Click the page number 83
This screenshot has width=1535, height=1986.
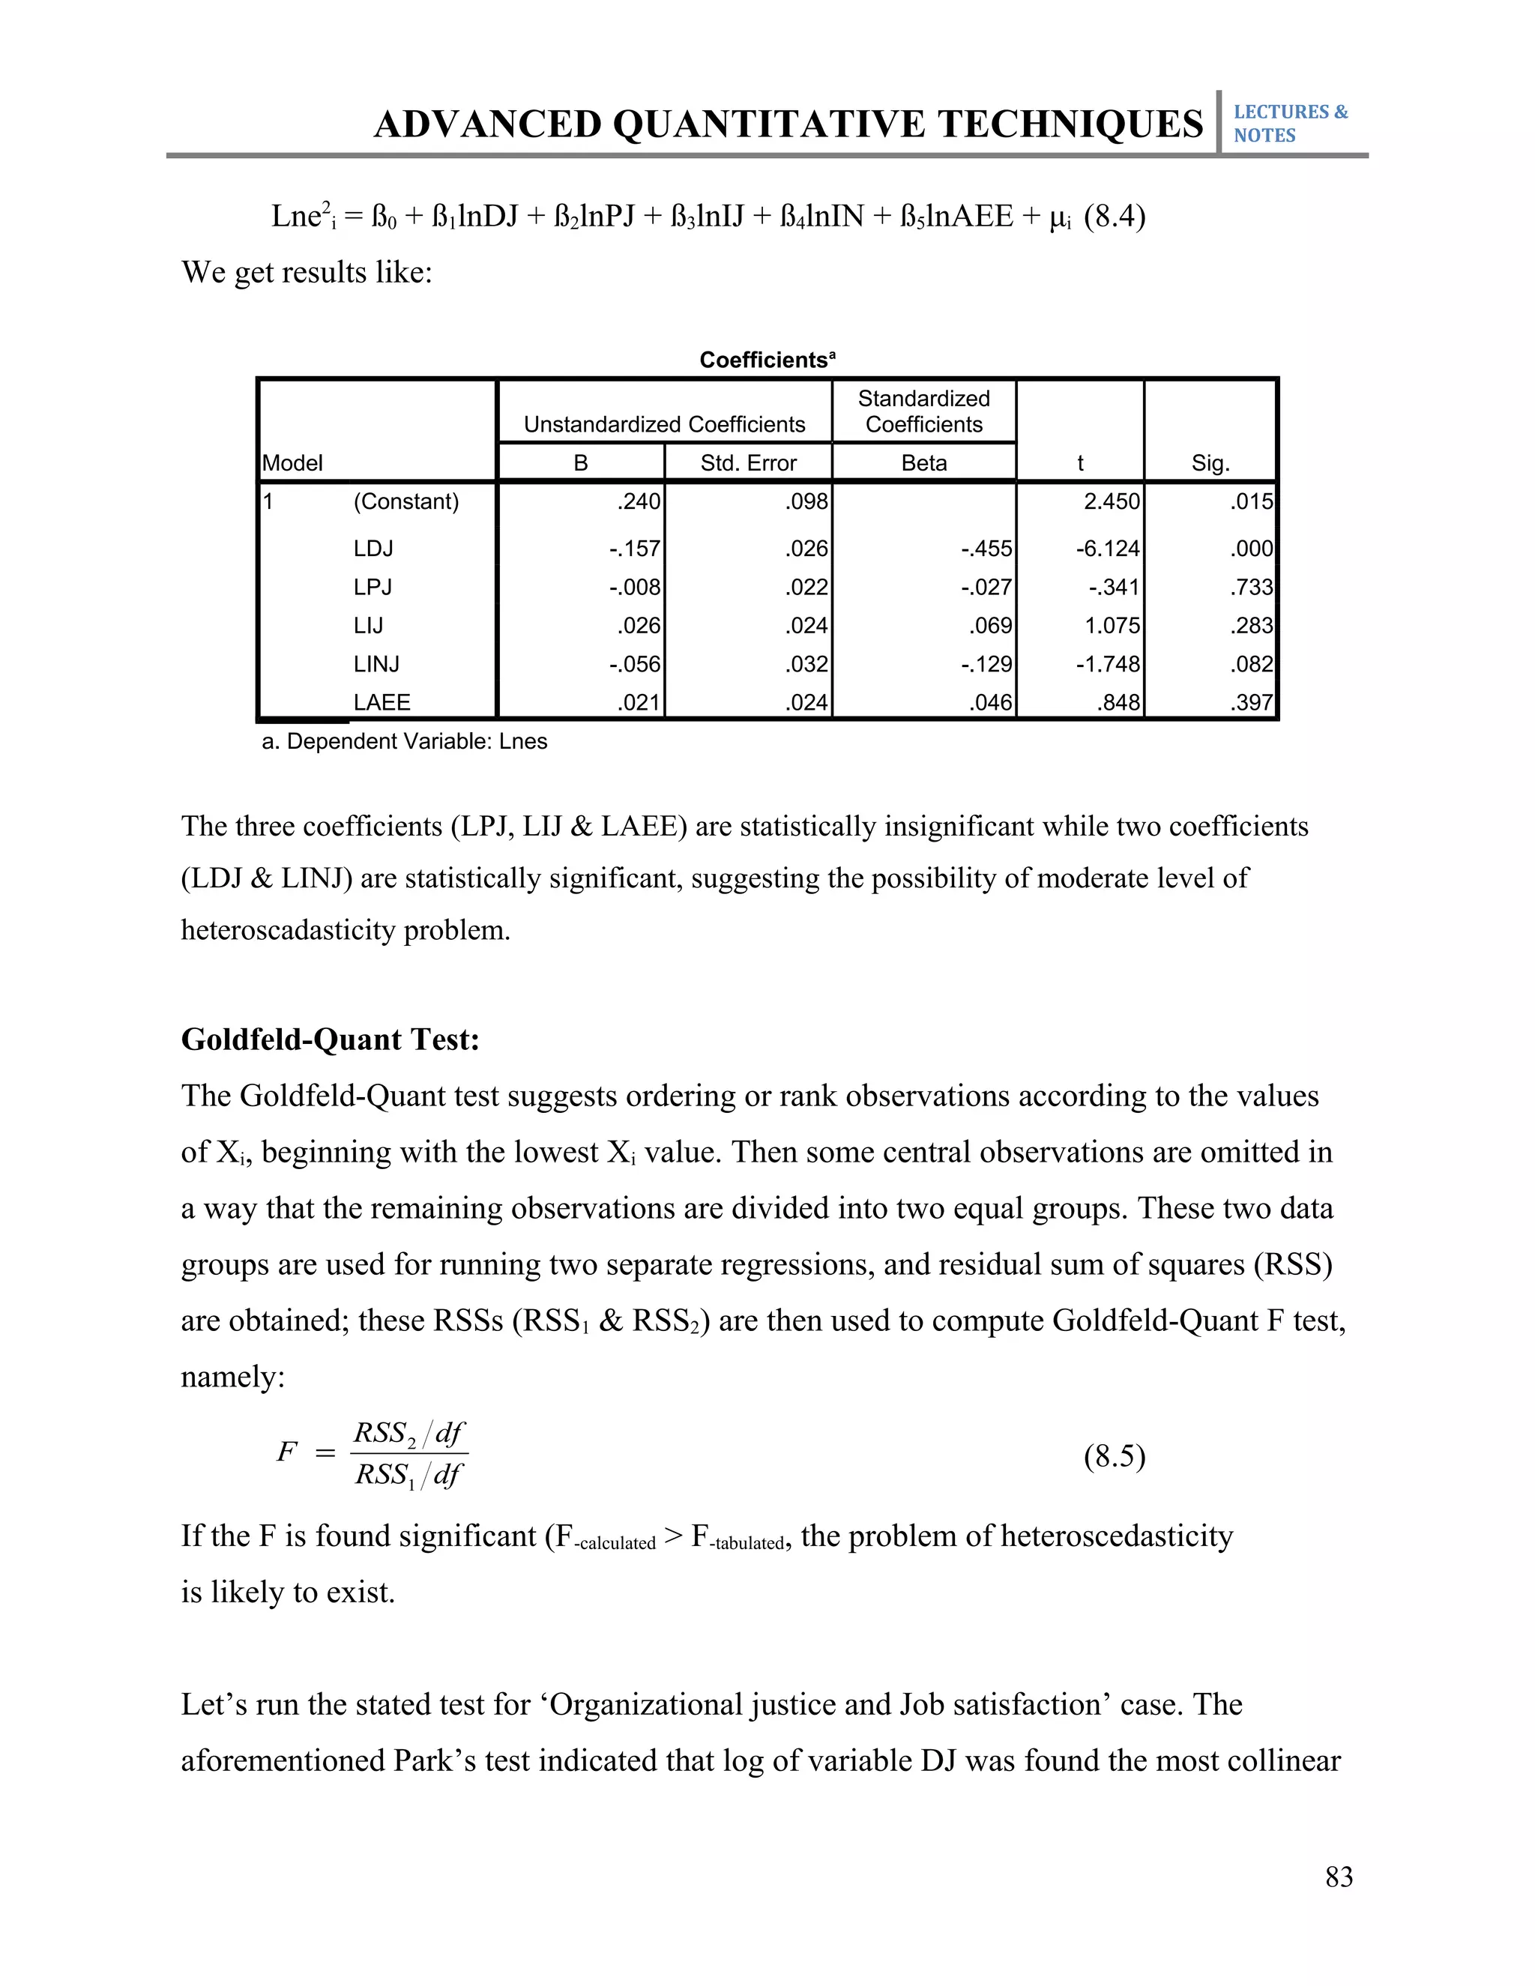click(x=1339, y=1877)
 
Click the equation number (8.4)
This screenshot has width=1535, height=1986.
click(x=1114, y=217)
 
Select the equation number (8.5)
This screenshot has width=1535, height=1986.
click(x=1114, y=1456)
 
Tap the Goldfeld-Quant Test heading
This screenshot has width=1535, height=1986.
click(x=330, y=1039)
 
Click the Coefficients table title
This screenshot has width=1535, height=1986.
click(x=767, y=360)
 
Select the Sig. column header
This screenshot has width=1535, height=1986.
click(x=1210, y=463)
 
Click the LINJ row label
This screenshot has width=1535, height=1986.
click(x=376, y=664)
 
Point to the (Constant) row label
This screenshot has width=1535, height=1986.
click(x=405, y=501)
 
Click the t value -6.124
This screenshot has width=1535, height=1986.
click(x=1107, y=549)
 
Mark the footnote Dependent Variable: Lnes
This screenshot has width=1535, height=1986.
click(x=405, y=741)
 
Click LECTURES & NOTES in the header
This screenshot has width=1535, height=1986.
click(x=1289, y=124)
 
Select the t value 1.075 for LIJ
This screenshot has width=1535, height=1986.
click(x=1112, y=626)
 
